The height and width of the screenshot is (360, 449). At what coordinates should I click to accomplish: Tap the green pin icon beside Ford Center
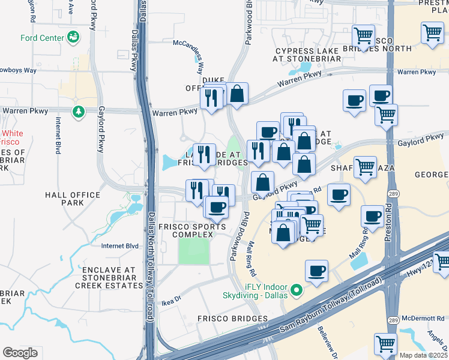74,37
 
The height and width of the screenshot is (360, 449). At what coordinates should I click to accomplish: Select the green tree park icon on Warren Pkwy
77,112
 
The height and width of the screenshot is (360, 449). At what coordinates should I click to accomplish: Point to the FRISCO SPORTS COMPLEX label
184,230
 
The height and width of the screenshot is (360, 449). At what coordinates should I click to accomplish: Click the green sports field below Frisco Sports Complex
194,251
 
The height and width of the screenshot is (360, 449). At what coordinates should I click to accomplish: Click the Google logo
20,353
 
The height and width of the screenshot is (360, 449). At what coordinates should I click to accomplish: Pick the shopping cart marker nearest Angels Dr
385,343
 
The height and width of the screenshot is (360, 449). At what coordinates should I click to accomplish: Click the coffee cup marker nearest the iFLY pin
316,271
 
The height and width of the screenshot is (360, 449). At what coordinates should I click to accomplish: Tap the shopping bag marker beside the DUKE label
237,94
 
